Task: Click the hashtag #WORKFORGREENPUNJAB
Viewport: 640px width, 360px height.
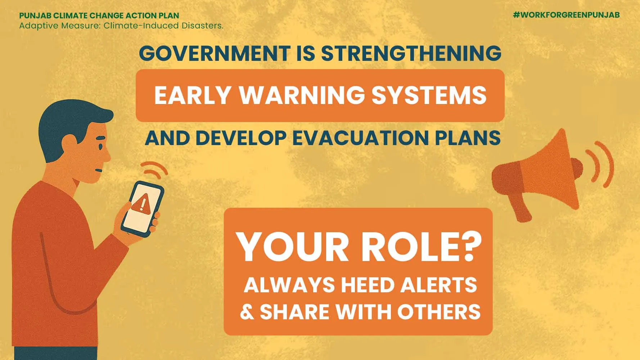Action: [566, 15]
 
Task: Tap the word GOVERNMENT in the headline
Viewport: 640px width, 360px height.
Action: [215, 53]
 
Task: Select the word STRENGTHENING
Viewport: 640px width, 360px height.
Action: [411, 53]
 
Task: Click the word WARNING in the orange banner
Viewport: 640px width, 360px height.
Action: [302, 95]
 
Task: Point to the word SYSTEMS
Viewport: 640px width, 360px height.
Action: [429, 95]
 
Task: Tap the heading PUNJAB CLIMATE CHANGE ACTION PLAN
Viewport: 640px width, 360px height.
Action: [99, 15]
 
